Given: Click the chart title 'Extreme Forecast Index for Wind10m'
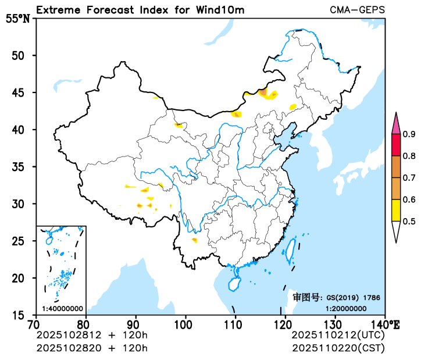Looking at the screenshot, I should coord(140,10).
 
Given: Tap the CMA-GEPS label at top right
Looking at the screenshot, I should coord(357,10).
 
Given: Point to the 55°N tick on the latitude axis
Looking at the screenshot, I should coord(17,19).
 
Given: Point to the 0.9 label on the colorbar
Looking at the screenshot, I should coord(409,134).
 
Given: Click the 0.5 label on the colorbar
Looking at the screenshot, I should coord(409,221).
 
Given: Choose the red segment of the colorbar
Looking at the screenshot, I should coord(395,145).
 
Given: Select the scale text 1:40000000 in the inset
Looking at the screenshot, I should coord(62,308).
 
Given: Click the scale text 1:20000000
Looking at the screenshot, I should coord(346,308).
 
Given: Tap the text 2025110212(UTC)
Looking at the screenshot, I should coord(338,336).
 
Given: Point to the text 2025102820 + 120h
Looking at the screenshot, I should coord(92,348).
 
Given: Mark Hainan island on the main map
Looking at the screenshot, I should coord(233,284).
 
